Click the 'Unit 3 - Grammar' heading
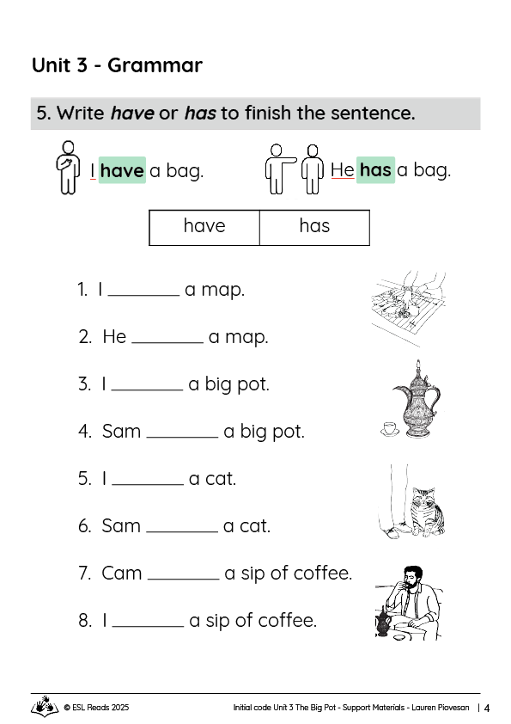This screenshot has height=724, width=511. click(117, 65)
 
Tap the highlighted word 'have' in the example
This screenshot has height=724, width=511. click(121, 170)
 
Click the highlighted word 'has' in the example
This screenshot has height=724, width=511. click(375, 169)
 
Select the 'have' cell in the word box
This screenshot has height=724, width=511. click(204, 226)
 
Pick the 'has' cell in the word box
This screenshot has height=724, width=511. click(314, 226)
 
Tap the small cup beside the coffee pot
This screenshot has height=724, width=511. click(388, 427)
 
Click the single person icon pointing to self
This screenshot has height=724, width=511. click(65, 164)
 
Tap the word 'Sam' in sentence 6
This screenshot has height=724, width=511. click(121, 525)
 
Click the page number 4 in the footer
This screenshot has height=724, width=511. click(487, 709)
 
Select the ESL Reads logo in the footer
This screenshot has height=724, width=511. click(45, 708)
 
